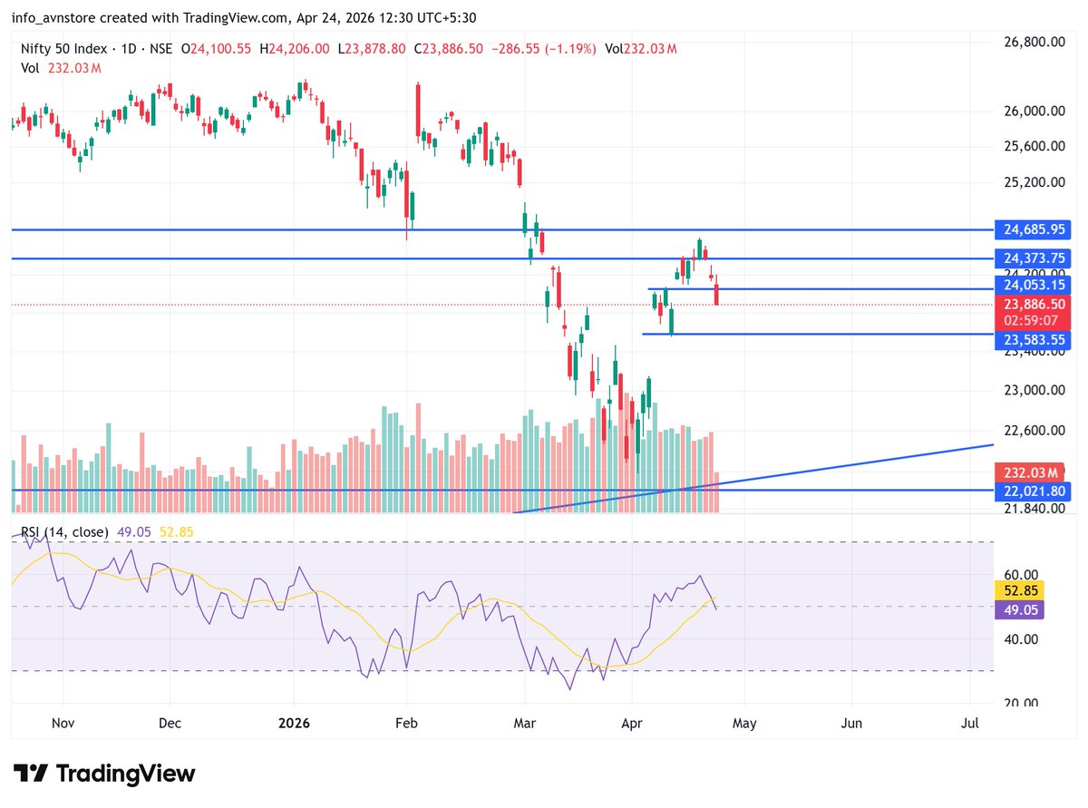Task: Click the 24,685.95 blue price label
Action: (1033, 230)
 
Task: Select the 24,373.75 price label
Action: (1033, 258)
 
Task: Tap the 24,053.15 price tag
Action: (1033, 286)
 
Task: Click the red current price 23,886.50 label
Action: (1033, 306)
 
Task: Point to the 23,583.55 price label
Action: (1033, 340)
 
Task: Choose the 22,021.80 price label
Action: (1033, 491)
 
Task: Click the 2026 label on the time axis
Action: (295, 724)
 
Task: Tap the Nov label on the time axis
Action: (63, 724)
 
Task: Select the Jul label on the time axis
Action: (970, 724)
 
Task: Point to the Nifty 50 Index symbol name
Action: (63, 49)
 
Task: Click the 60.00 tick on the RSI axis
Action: (1020, 575)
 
